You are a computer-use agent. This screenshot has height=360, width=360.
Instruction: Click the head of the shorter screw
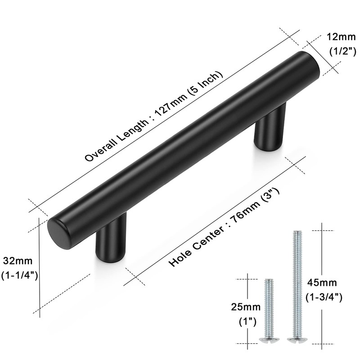tap(269, 339)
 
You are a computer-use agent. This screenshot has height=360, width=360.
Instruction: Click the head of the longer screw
tap(297, 338)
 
